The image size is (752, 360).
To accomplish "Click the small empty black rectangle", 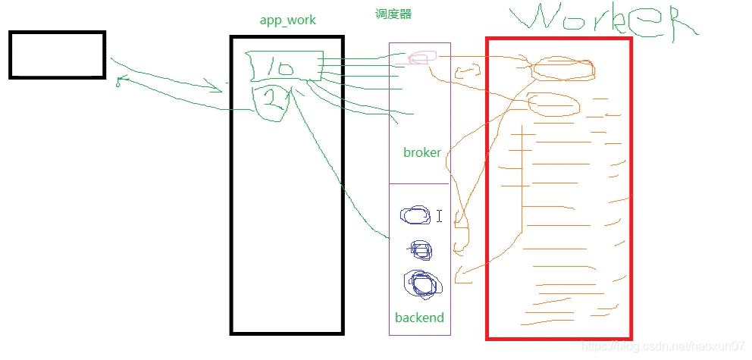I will click(57, 55).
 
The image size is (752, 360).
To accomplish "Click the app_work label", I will click(287, 20).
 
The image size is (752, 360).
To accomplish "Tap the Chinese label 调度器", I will click(393, 14).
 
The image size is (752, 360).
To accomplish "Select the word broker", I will click(421, 152).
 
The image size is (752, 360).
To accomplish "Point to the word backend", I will click(419, 318).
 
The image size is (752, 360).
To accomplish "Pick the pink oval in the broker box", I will click(422, 58).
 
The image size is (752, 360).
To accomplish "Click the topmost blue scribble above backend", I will click(415, 216).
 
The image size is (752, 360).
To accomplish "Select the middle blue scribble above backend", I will click(420, 249).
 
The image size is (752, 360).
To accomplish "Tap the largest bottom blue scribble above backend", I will click(422, 283).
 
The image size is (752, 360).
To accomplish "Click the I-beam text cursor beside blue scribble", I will click(439, 216).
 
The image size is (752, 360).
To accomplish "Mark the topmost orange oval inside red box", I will click(562, 69).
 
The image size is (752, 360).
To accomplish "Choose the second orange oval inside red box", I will click(554, 104).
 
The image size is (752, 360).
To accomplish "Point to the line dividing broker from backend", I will click(419, 183).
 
